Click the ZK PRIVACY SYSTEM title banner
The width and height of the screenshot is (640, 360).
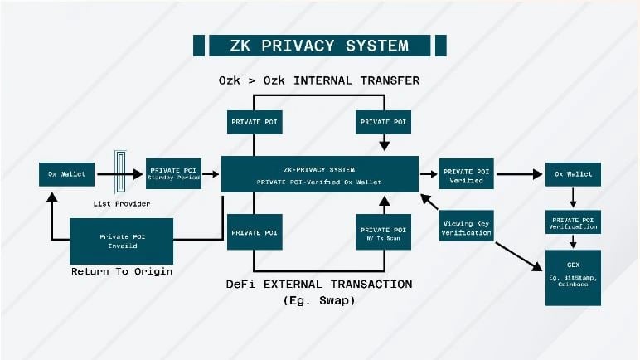[x=319, y=45]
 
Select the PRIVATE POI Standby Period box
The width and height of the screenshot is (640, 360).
[x=173, y=174]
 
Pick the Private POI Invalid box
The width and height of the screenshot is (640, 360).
[x=121, y=241]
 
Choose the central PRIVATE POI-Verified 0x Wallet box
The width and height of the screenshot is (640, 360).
[x=319, y=174]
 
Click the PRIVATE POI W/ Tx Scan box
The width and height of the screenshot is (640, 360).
[x=382, y=233]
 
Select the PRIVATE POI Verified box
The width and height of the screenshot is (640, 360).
[x=465, y=174]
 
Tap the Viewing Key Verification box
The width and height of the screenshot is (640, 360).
[x=467, y=227]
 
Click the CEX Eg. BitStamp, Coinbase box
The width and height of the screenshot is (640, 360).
[x=573, y=277]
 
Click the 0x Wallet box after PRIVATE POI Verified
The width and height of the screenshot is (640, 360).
[x=573, y=174]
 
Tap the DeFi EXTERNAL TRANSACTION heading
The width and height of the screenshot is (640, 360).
[x=319, y=284]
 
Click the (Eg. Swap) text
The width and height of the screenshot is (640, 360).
[x=319, y=299]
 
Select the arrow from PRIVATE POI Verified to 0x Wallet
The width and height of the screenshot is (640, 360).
[x=517, y=174]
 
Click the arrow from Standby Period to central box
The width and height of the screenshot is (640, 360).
[x=211, y=174]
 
